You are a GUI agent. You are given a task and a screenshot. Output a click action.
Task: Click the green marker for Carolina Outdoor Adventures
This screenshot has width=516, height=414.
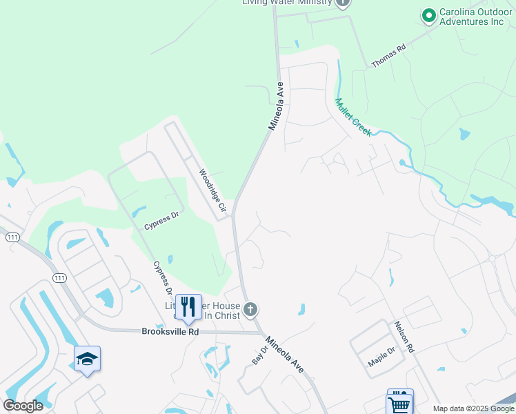tap(428, 14)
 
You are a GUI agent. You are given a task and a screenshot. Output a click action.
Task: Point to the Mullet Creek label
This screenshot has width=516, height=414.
tap(353, 117)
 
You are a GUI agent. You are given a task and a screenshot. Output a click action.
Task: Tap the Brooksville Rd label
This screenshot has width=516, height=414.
tap(170, 331)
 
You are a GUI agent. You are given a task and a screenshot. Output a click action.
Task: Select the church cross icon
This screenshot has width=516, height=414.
tap(251, 310)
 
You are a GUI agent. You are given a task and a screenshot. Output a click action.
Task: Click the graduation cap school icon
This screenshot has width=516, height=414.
tap(88, 359)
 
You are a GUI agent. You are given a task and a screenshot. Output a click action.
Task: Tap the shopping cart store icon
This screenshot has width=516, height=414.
tap(399, 403)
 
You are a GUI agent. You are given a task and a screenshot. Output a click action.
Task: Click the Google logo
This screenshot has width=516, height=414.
tap(23, 406)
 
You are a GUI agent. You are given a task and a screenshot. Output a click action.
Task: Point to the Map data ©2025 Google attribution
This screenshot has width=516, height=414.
tap(473, 408)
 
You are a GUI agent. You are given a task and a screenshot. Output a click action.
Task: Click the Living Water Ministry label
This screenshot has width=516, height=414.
tap(287, 3)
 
